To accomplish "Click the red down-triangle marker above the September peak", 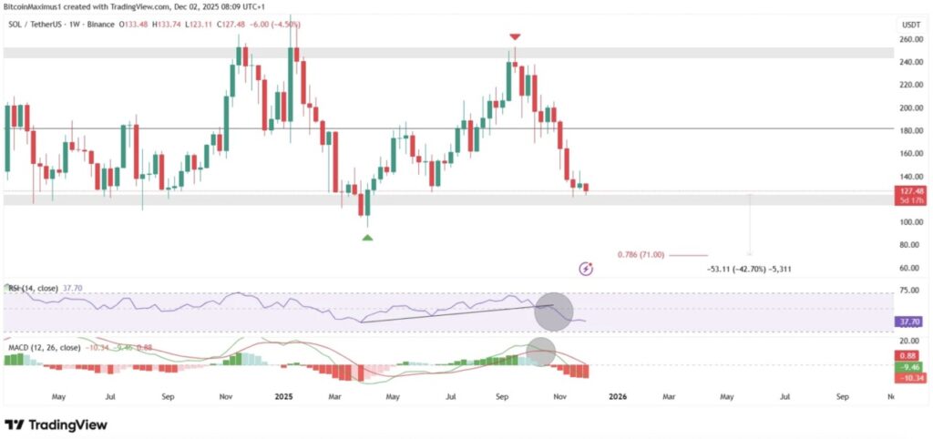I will click(x=515, y=36).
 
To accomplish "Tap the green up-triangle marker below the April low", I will click(x=367, y=238).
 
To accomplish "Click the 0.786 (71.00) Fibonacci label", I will click(x=642, y=255).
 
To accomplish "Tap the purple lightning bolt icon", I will click(x=587, y=268).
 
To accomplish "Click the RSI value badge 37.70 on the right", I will click(x=907, y=322).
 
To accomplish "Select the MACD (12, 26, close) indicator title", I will click(x=46, y=347).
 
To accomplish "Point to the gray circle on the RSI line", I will click(x=553, y=311).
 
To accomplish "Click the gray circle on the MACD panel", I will click(x=542, y=352).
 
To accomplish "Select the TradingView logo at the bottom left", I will click(x=56, y=424).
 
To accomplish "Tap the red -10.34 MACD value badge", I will click(x=907, y=376).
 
